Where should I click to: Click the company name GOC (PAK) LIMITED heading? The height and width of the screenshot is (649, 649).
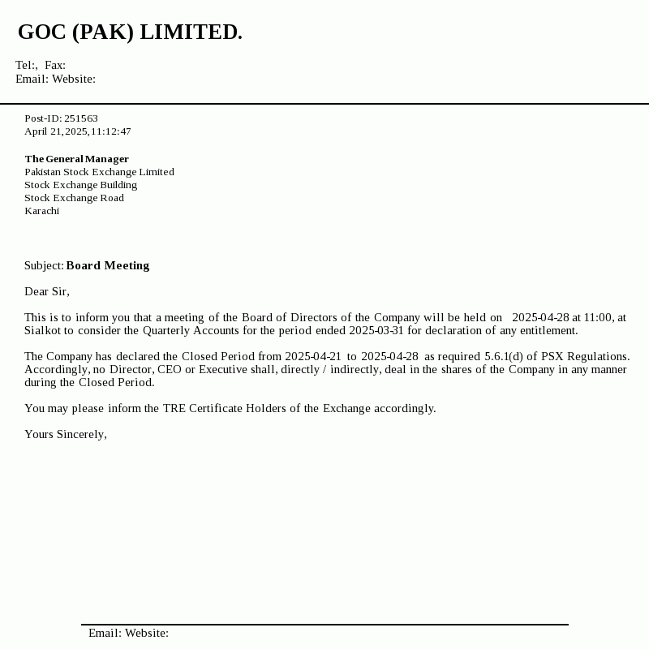[x=130, y=32]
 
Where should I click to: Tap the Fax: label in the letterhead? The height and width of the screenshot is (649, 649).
[x=55, y=65]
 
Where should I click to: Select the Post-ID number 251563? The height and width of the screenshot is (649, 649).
[x=81, y=118]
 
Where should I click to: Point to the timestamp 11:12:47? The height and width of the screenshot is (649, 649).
[x=111, y=131]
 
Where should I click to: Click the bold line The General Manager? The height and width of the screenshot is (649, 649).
[x=76, y=159]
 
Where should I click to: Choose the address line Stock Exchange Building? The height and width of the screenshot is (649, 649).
[x=80, y=185]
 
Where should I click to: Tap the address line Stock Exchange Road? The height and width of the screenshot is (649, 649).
[x=74, y=198]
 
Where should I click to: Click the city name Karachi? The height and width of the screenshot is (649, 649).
[x=41, y=211]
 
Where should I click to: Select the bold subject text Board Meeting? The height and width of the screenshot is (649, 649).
[x=108, y=265]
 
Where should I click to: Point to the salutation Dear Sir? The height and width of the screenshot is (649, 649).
[x=46, y=291]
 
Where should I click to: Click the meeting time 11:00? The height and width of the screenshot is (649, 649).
[x=598, y=317]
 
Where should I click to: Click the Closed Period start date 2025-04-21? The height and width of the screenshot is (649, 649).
[x=313, y=356]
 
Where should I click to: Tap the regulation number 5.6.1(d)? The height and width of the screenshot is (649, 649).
[x=504, y=356]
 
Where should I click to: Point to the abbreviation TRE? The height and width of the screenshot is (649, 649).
[x=174, y=408]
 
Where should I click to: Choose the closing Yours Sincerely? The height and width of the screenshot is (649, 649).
[x=65, y=434]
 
